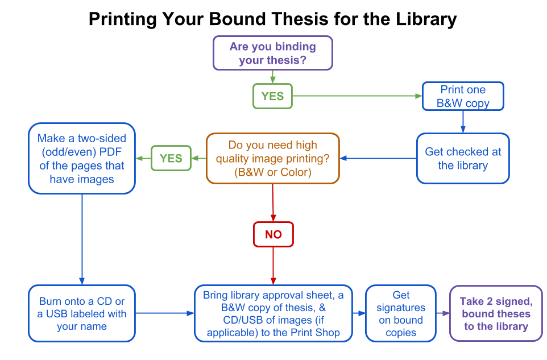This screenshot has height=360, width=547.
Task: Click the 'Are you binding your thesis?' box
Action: [272, 53]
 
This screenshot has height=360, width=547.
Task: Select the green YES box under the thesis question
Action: [272, 96]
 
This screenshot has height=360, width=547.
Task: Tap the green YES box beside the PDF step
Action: [171, 158]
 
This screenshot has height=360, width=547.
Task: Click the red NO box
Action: [273, 234]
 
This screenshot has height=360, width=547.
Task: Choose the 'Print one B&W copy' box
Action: [463, 96]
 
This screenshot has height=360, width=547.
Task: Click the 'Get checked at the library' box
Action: [463, 158]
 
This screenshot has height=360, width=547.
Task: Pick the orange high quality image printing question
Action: [272, 158]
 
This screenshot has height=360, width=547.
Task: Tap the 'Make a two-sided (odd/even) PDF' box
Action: [82, 158]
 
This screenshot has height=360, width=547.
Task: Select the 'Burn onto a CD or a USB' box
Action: [82, 313]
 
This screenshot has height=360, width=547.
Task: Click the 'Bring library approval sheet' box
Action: [273, 313]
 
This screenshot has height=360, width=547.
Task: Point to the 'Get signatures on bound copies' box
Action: [400, 313]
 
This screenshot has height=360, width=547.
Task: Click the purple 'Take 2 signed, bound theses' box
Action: [496, 313]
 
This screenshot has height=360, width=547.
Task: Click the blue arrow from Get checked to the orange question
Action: [378, 158]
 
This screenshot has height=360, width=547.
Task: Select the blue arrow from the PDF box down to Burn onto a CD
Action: [82, 239]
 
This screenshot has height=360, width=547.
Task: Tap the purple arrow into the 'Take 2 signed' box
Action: [443, 313]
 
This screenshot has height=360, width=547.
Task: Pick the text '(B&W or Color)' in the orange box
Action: [272, 172]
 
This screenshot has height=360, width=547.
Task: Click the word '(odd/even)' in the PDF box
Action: [64, 152]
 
